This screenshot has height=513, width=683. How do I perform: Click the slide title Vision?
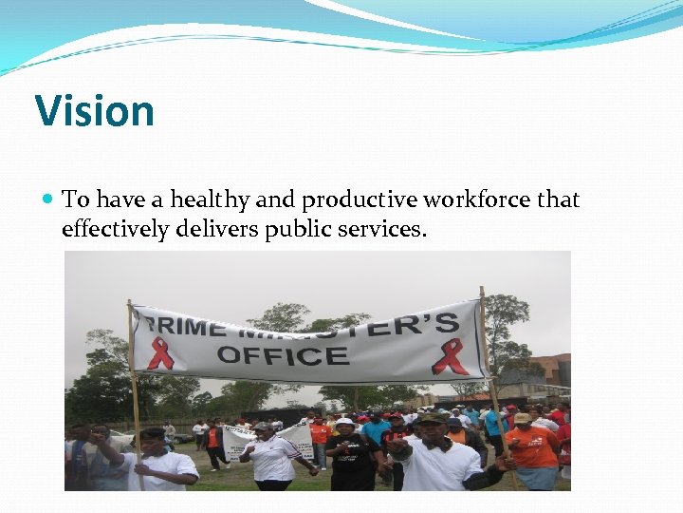[x=94, y=111]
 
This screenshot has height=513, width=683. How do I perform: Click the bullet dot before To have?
[x=48, y=199]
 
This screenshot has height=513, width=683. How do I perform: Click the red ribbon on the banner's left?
[x=160, y=353]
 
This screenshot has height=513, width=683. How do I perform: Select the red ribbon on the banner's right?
[x=450, y=356]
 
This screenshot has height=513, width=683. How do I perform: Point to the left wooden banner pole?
[x=134, y=399]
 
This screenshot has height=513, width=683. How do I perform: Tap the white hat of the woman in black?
[x=343, y=422]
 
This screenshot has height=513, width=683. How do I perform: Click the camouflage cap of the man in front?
[x=432, y=418]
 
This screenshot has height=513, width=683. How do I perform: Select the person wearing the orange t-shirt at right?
[x=532, y=446]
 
